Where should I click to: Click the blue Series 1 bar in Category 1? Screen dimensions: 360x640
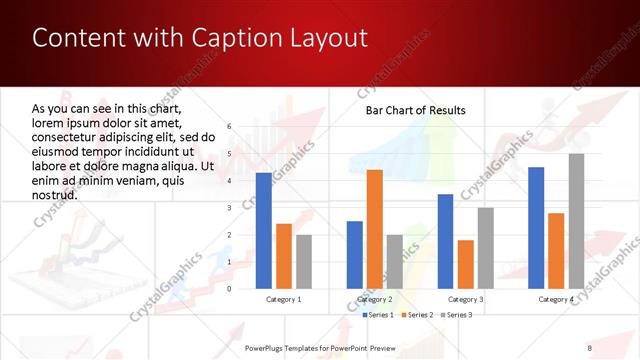[264, 231]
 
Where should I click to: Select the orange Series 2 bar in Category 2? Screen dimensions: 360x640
[375, 229]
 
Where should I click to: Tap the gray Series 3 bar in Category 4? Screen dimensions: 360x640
[577, 221]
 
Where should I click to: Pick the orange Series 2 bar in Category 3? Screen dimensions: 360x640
[466, 264]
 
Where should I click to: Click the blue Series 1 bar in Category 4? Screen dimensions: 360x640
[537, 228]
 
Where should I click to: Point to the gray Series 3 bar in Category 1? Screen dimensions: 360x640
[304, 262]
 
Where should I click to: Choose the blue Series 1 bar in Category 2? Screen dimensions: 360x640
[355, 255]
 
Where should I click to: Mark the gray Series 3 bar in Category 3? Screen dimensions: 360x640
[486, 248]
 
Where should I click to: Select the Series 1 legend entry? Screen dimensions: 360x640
[376, 315]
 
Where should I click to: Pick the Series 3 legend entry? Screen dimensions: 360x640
[455, 315]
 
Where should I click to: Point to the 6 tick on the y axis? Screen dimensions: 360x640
[230, 127]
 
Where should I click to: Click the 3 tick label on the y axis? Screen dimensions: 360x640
[230, 208]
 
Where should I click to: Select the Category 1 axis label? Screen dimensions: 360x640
[284, 300]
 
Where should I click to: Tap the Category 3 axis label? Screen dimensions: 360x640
[466, 300]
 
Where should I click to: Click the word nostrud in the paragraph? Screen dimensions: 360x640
[54, 195]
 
